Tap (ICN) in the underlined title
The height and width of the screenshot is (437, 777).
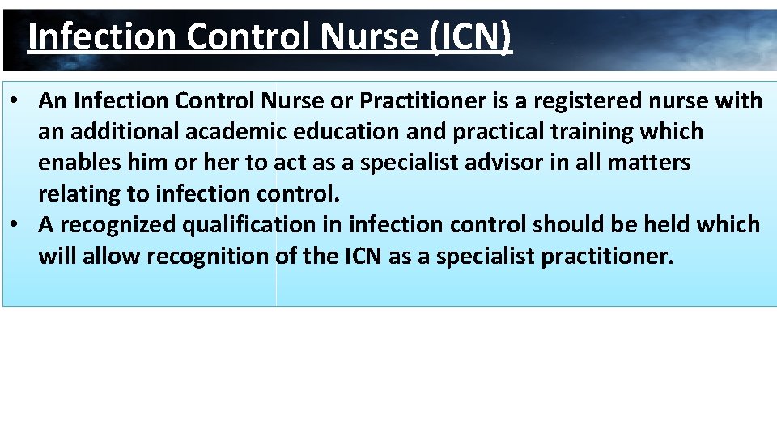pyautogui.click(x=472, y=36)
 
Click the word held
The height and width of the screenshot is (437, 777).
pyautogui.click(x=663, y=224)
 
